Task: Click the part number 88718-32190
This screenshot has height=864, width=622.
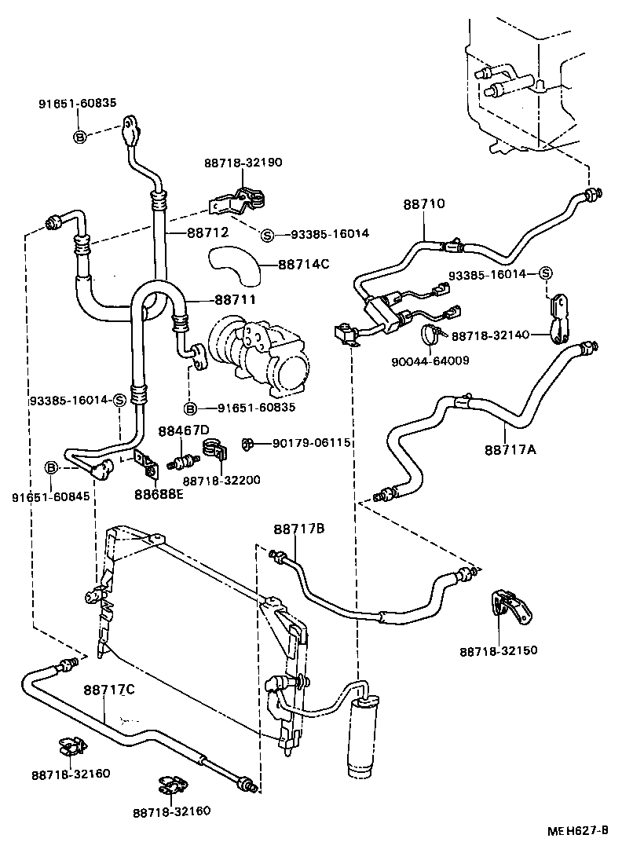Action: pyautogui.click(x=243, y=163)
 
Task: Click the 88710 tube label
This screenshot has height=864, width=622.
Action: pyautogui.click(x=424, y=204)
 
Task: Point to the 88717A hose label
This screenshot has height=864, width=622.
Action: pyautogui.click(x=510, y=449)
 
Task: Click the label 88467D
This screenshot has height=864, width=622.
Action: pyautogui.click(x=184, y=430)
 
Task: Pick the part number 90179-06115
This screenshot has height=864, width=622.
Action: pyautogui.click(x=311, y=444)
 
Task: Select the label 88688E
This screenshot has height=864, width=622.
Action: pyautogui.click(x=159, y=494)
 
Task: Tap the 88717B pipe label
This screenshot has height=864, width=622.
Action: pyautogui.click(x=299, y=529)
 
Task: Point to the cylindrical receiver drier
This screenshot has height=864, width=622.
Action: pyautogui.click(x=363, y=734)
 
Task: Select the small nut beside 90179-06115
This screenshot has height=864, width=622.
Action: pyautogui.click(x=247, y=445)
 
